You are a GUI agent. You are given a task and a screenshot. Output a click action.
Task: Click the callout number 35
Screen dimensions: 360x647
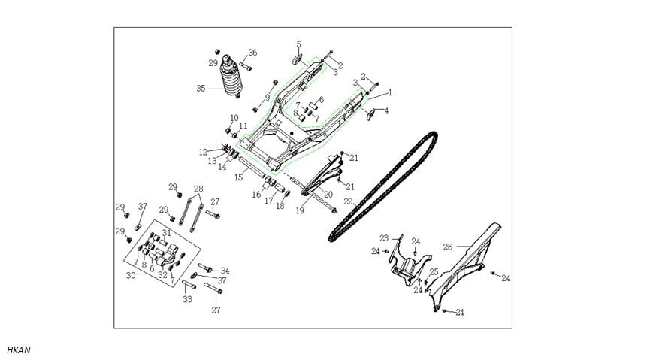[201, 88]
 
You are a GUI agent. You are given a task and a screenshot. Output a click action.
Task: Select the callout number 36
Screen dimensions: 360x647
[252, 53]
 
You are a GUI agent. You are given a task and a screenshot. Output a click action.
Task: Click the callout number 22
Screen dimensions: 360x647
[347, 202]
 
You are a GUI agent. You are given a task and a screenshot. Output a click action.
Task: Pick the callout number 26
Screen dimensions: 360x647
[447, 246]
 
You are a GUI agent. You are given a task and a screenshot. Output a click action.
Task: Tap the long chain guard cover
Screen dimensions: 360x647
[466, 263]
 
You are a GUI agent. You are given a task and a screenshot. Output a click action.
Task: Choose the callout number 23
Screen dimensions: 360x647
[383, 237]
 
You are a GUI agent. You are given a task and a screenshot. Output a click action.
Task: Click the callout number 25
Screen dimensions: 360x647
[434, 271]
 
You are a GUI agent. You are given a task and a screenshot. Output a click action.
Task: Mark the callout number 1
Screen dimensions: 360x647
[390, 93]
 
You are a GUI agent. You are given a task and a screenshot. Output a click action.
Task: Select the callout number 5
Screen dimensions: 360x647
[298, 44]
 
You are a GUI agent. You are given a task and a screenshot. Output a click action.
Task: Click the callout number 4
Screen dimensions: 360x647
[386, 110]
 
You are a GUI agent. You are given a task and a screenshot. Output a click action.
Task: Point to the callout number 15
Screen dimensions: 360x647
[238, 177]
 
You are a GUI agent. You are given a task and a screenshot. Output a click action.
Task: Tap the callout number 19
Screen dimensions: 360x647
[300, 211]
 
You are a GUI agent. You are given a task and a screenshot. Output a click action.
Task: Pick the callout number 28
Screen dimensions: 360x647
[198, 189]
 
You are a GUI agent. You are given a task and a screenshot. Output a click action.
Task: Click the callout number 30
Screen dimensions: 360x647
[131, 275]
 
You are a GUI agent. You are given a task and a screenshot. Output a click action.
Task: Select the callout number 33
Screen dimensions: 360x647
[188, 298]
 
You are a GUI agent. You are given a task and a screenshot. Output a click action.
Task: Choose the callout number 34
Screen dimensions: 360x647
[225, 271]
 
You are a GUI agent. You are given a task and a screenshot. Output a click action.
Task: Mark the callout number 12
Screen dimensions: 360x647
[203, 152]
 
